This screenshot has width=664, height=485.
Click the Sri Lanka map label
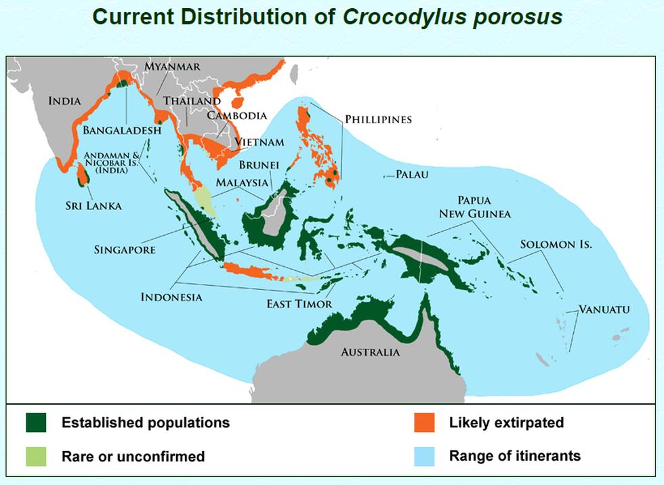pos(94,206)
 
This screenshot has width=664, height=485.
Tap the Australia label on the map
pos(370,352)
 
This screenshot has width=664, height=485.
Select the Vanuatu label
pos(604,310)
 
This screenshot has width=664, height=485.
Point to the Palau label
pos(412,174)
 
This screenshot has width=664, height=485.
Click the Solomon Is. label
pos(556,244)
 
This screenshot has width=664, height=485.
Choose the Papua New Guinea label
pos(475,207)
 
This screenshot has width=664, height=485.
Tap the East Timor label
pos(299,304)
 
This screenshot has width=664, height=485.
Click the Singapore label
pos(125,250)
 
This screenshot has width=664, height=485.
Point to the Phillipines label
pos(378,119)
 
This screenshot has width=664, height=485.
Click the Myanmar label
pos(172,67)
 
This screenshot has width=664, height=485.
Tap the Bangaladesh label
pos(122,130)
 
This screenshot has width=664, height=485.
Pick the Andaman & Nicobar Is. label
pos(112,163)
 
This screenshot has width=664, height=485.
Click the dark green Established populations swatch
pos(36,423)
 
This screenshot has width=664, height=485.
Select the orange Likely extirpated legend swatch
pos(424,423)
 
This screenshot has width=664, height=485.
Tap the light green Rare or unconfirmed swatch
pos(36,457)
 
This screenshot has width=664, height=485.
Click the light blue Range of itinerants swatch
pos(424,457)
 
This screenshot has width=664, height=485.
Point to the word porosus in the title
pos(518,18)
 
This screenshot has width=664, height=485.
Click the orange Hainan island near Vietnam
pos(238,102)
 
